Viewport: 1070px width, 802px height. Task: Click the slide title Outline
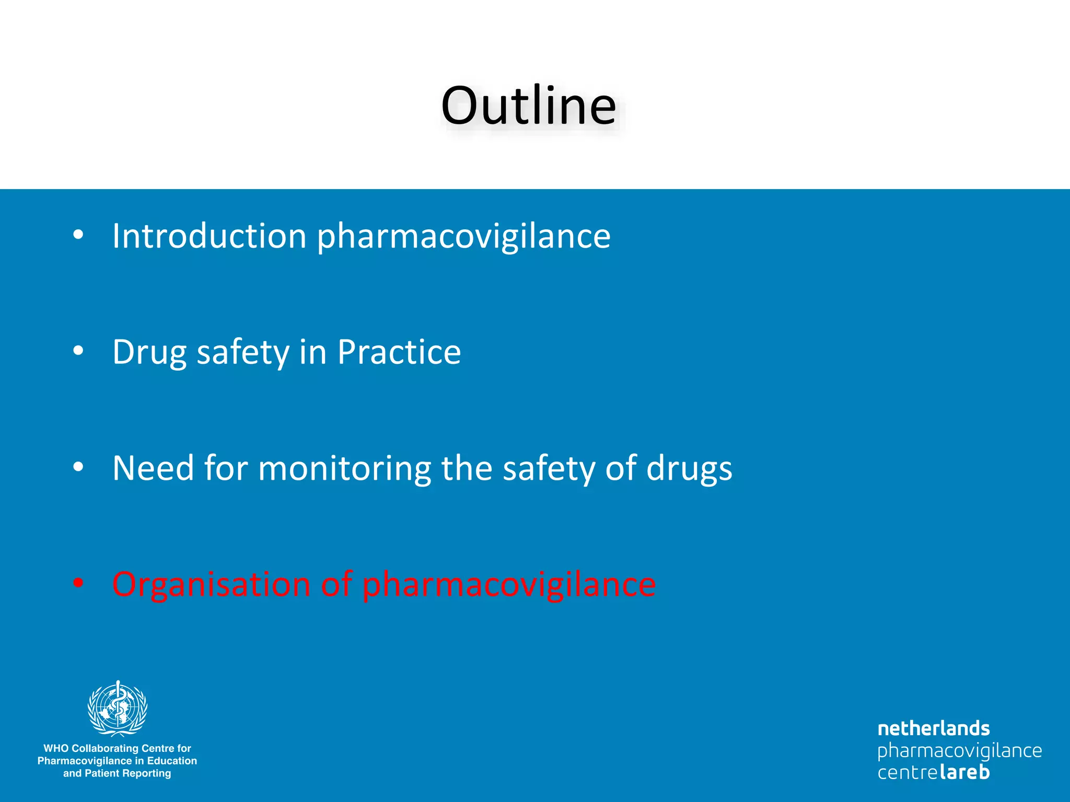click(528, 105)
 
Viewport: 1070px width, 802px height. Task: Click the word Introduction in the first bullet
click(209, 236)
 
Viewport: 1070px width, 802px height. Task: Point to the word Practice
click(399, 352)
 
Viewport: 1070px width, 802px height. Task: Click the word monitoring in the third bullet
click(344, 469)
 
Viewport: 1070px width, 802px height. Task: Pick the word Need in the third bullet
click(153, 468)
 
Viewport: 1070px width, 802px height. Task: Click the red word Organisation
click(211, 585)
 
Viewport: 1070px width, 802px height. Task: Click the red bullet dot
click(78, 583)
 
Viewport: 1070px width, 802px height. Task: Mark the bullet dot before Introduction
click(78, 235)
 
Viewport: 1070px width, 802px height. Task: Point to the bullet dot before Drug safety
click(78, 351)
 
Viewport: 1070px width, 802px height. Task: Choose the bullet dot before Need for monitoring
click(78, 467)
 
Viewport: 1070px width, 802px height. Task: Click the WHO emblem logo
click(118, 708)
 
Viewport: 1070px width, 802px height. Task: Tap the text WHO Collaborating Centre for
click(117, 748)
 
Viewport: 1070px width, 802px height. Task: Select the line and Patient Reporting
click(117, 773)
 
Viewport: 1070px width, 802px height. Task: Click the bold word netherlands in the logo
click(934, 729)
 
